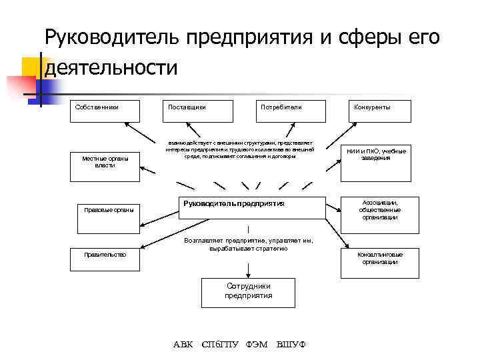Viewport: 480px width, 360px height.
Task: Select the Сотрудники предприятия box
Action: pyautogui.click(x=248, y=292)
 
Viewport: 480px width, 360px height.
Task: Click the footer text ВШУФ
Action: pyautogui.click(x=291, y=345)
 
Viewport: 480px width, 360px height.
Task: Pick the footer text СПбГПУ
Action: pyautogui.click(x=220, y=345)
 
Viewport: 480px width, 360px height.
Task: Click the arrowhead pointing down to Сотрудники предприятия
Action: pyautogui.click(x=248, y=272)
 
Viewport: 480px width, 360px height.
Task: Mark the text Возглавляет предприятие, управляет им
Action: pyautogui.click(x=247, y=241)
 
